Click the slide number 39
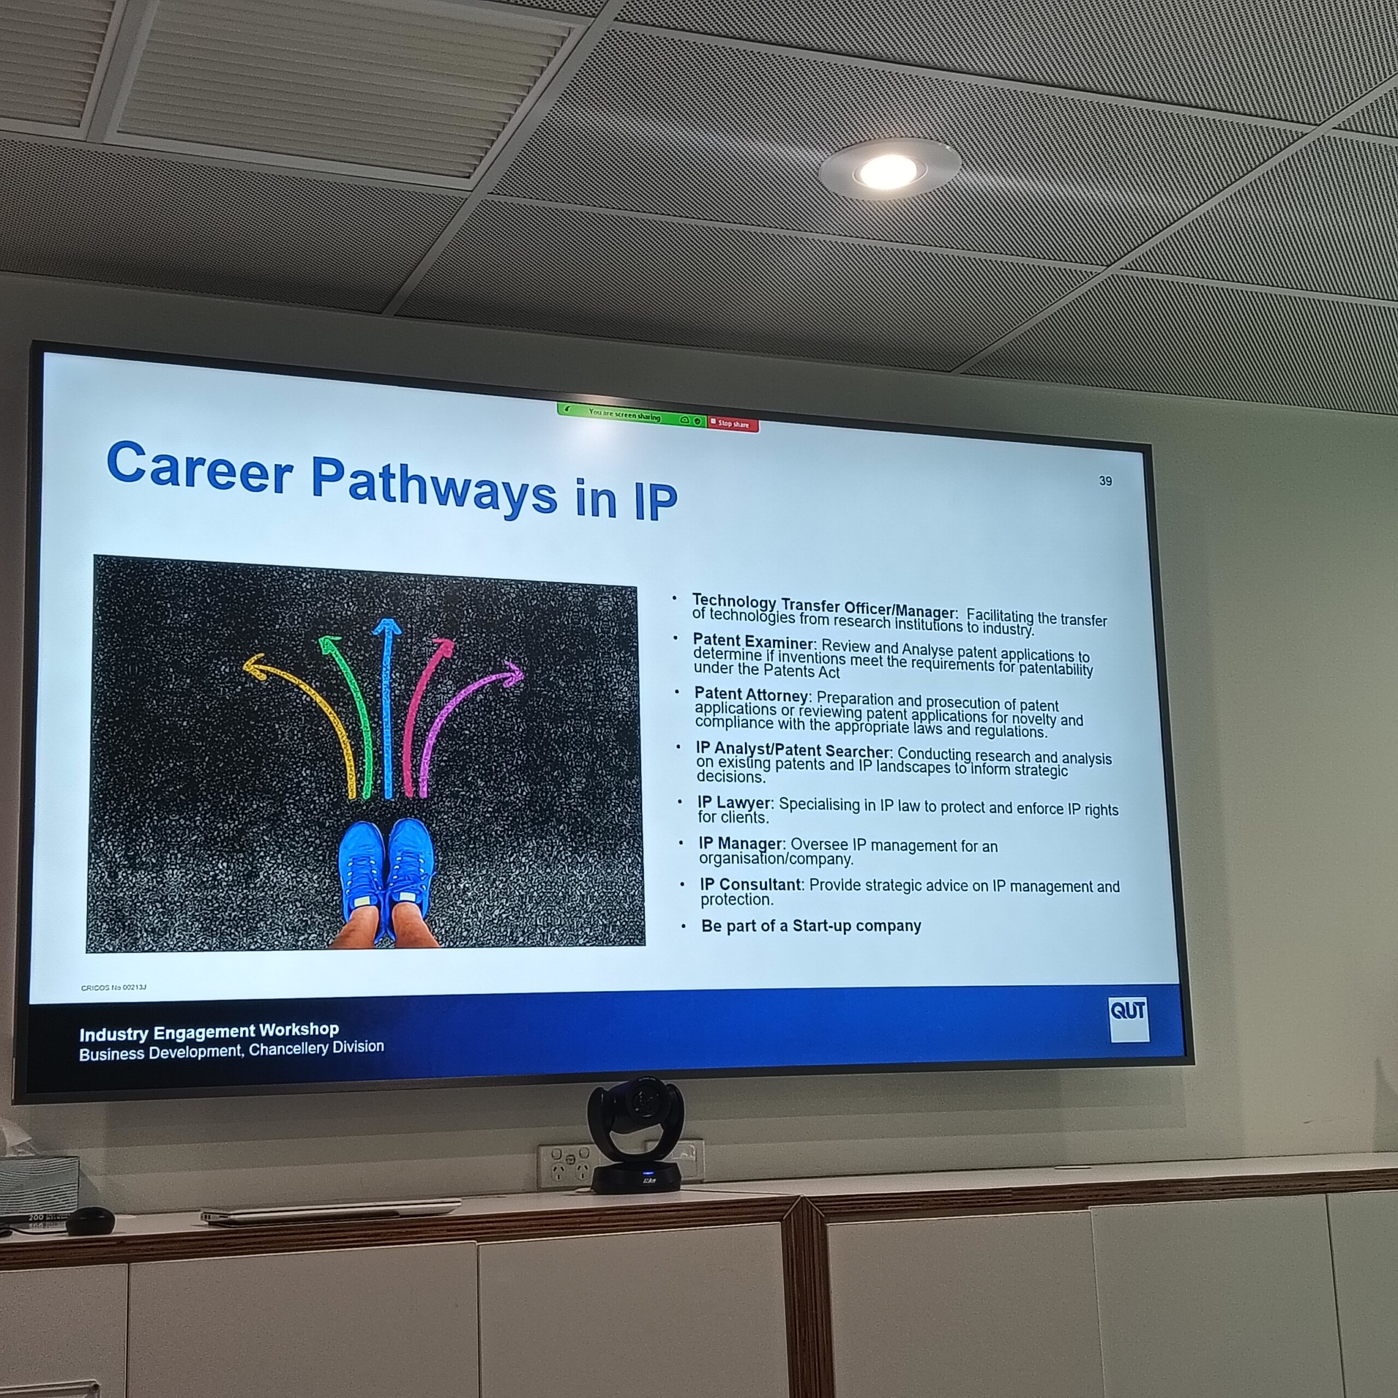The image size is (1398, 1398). pos(1105,481)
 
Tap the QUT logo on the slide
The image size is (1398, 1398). pos(1128,1019)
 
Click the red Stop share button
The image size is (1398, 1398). pos(732,423)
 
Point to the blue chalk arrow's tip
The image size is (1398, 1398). pos(387,619)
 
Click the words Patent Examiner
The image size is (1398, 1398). pos(753,641)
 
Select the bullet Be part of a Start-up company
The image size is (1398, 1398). pos(810,926)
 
